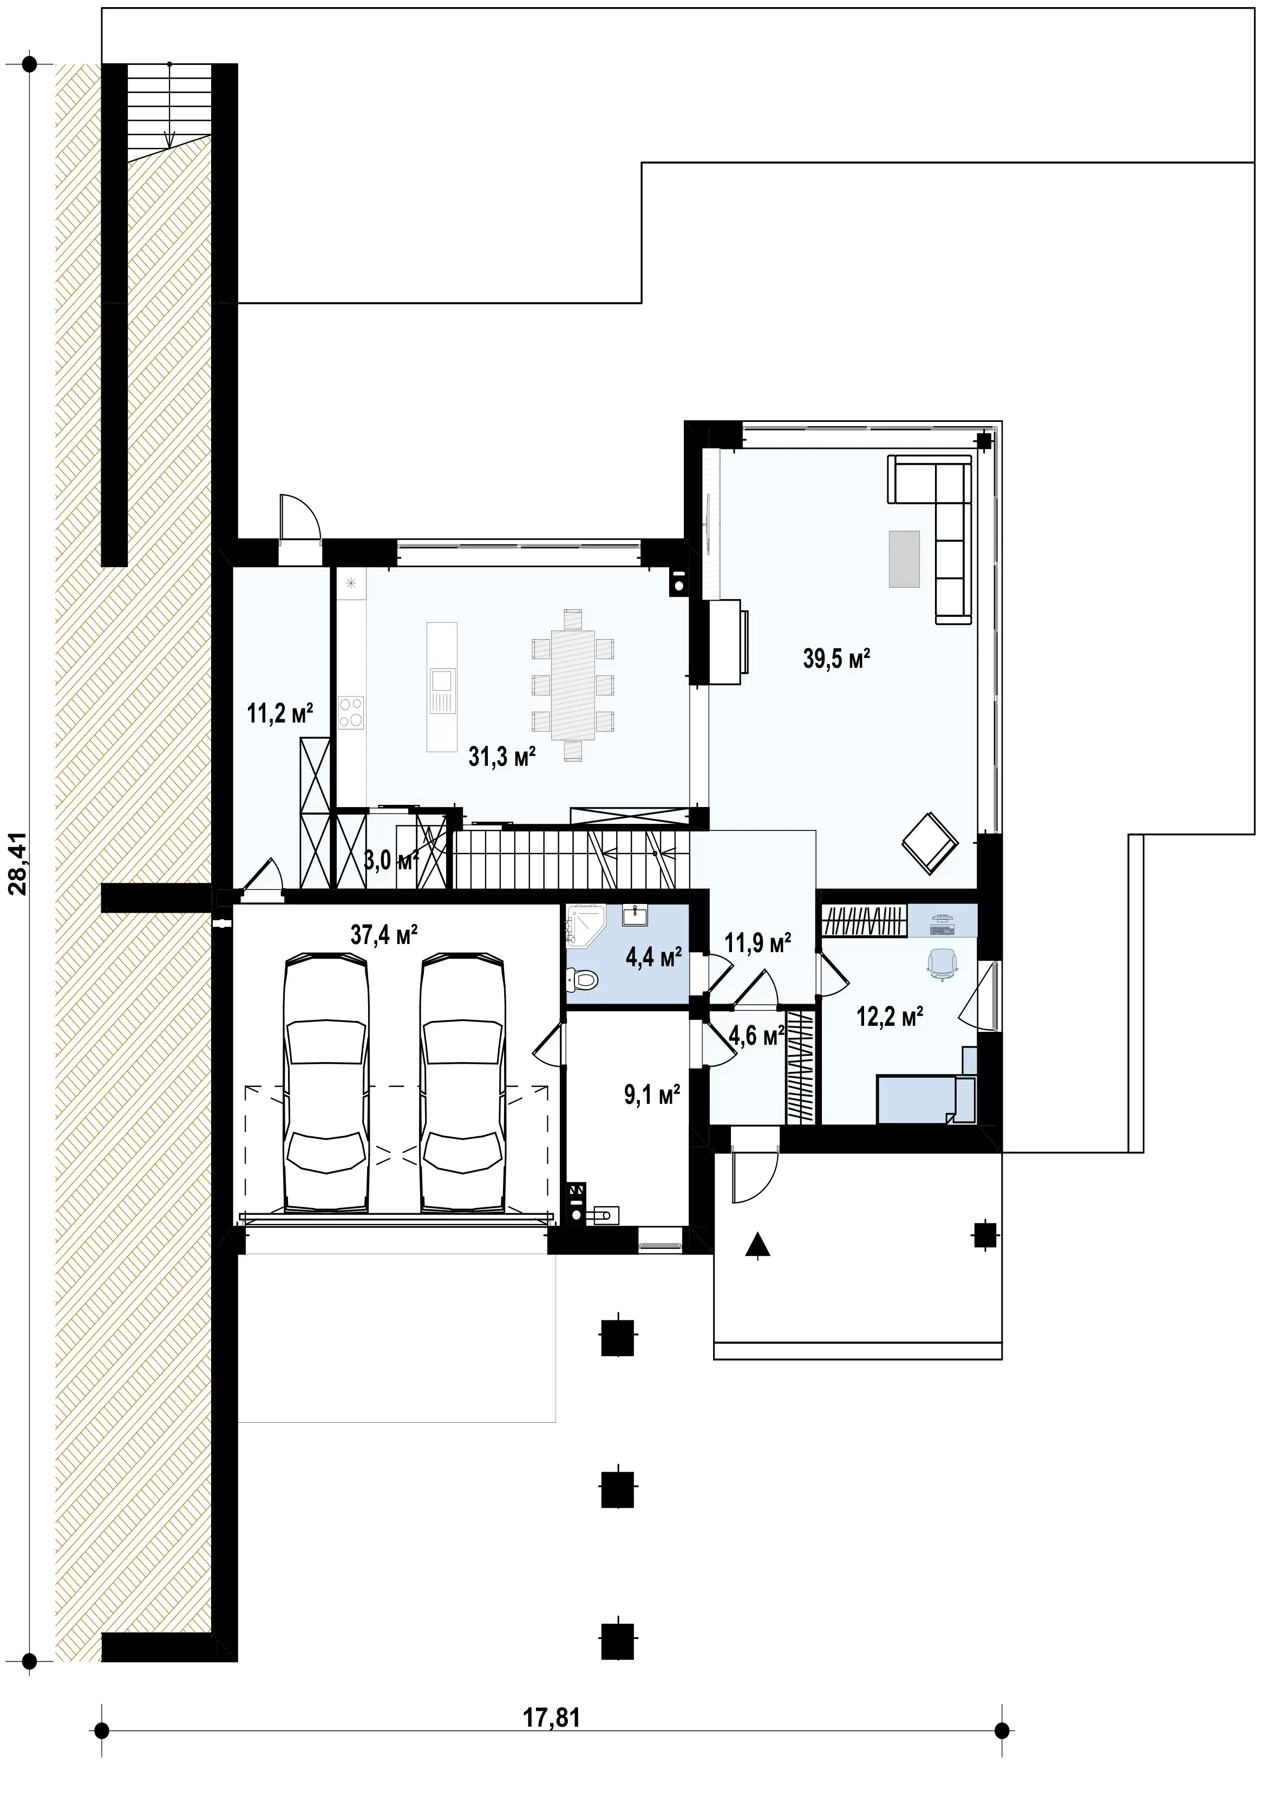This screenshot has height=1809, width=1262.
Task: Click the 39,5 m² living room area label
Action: [x=836, y=658]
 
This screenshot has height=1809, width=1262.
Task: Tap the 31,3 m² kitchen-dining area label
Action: [x=502, y=757]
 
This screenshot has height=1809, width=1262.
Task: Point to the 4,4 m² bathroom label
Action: [x=653, y=958]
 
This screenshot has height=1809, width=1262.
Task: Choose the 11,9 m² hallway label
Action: [x=757, y=942]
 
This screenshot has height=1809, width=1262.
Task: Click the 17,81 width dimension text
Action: [x=552, y=1717]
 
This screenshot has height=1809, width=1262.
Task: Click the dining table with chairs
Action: [x=573, y=685]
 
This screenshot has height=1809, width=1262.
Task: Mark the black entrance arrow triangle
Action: [x=758, y=1244]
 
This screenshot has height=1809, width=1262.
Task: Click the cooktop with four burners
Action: [x=351, y=712]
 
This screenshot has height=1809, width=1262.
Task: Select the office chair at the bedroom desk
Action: [x=942, y=964]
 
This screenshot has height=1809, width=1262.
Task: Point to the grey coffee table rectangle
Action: [x=904, y=558]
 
